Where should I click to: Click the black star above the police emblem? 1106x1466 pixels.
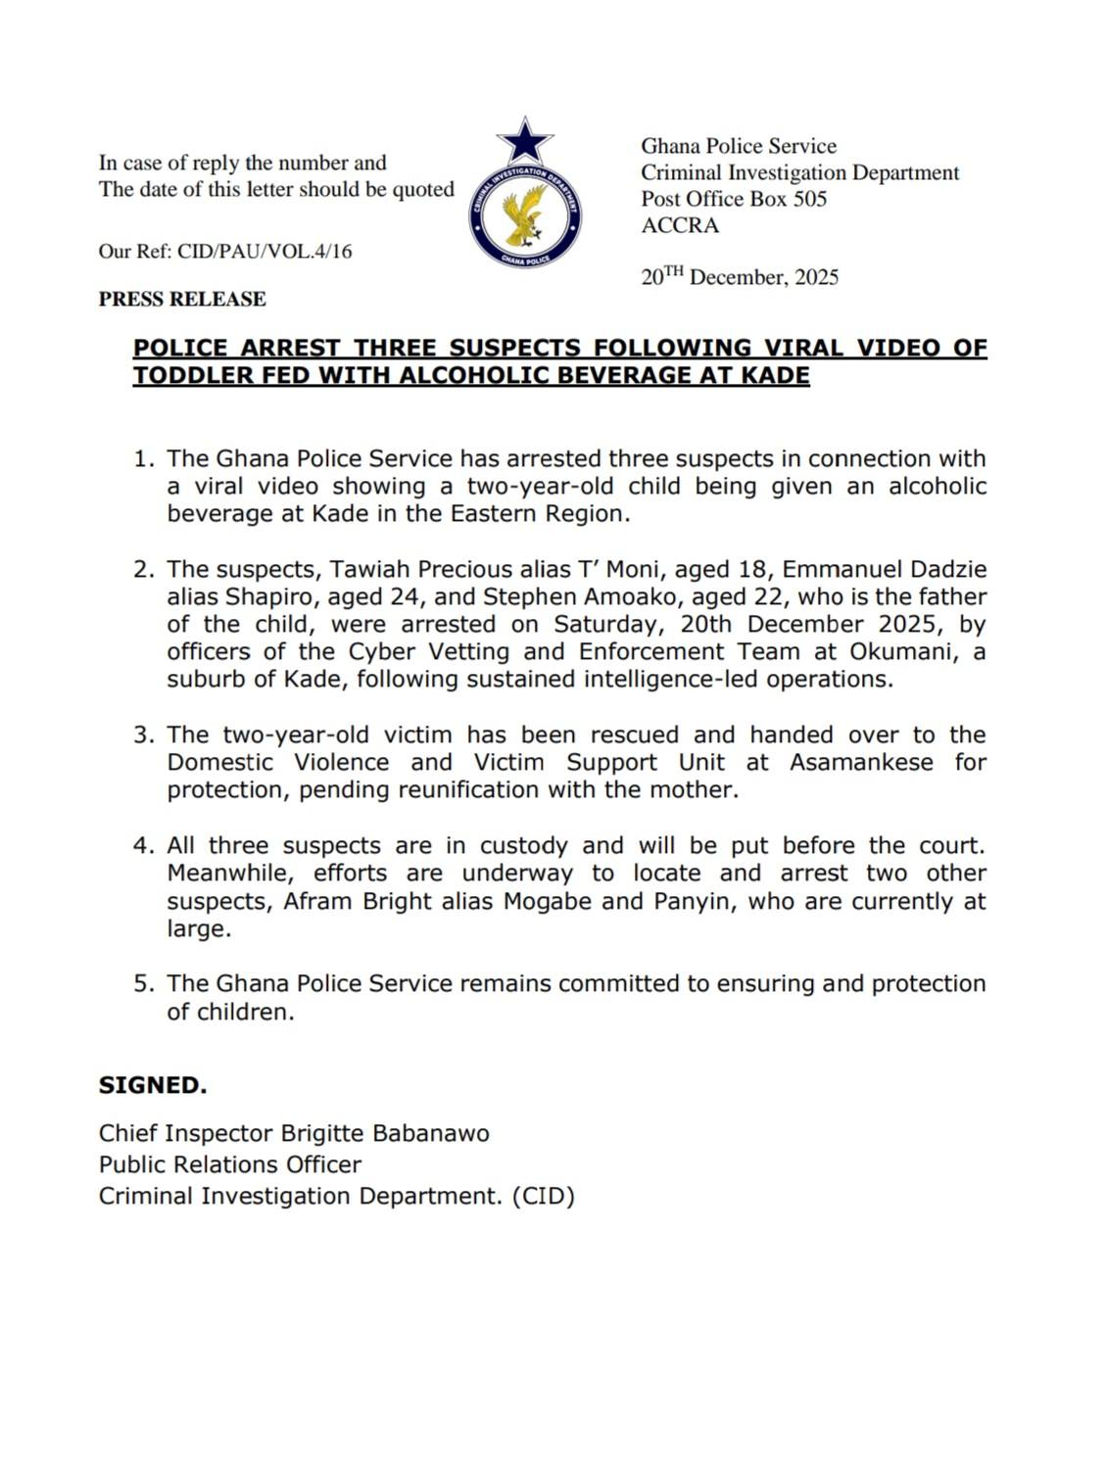[x=525, y=141]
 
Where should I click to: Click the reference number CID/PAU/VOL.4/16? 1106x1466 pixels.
[x=264, y=252]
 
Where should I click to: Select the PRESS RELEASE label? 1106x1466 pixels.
[x=182, y=299]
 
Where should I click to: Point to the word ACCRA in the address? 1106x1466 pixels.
[x=680, y=225]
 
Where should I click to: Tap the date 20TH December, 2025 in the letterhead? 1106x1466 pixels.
[x=740, y=277]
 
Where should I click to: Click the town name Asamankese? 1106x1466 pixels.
[x=861, y=763]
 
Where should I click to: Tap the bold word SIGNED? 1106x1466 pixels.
[x=152, y=1085]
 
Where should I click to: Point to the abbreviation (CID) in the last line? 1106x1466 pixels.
[x=543, y=1197]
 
